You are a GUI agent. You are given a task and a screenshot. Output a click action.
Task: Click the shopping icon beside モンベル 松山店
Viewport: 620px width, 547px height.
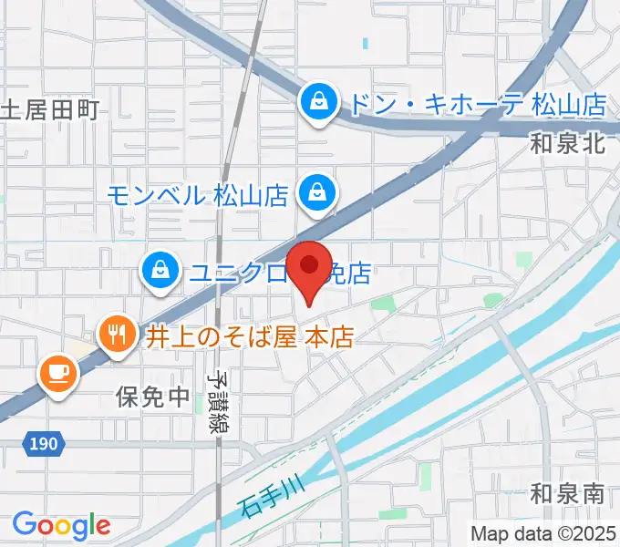pyautogui.click(x=317, y=193)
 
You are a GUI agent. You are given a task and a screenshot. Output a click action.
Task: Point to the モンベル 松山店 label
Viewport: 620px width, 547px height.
pyautogui.click(x=197, y=194)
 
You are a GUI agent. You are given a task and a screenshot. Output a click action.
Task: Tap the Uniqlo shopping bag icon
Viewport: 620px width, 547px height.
pyautogui.click(x=160, y=270)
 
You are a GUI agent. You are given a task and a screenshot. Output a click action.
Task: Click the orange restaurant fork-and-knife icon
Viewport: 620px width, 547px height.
pyautogui.click(x=116, y=335)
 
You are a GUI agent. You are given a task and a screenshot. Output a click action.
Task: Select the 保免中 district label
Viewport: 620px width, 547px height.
pyautogui.click(x=152, y=397)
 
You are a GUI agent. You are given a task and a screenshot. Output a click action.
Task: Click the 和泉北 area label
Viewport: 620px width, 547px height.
pyautogui.click(x=568, y=143)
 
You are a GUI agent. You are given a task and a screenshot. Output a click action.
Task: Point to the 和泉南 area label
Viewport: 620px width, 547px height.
pyautogui.click(x=567, y=495)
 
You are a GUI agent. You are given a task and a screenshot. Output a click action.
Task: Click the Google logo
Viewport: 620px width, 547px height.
pyautogui.click(x=60, y=524)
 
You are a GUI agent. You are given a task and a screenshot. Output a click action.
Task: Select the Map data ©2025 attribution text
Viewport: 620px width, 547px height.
pyautogui.click(x=542, y=533)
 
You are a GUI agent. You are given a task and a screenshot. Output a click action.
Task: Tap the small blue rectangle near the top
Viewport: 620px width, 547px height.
pyautogui.click(x=367, y=42)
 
